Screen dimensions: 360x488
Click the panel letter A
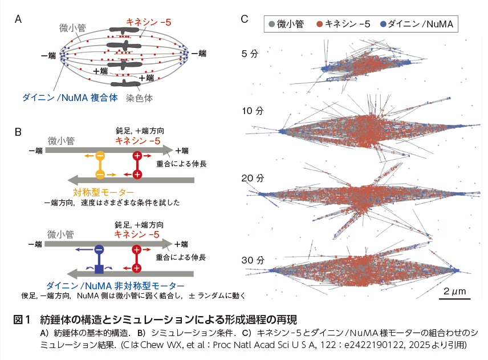tap(18, 19)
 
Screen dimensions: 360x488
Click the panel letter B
tap(18, 132)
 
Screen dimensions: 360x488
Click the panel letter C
tap(244, 19)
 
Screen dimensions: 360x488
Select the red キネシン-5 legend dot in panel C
tap(320, 24)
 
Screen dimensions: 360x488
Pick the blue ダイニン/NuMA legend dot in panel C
tap(383, 24)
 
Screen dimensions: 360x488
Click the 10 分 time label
tap(251, 111)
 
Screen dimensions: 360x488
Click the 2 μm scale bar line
tap(454, 298)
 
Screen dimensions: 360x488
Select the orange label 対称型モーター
tap(103, 192)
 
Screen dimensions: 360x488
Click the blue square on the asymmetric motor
tap(99, 269)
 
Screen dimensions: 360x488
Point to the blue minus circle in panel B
tap(99, 249)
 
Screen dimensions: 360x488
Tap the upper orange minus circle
tap(100, 156)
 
